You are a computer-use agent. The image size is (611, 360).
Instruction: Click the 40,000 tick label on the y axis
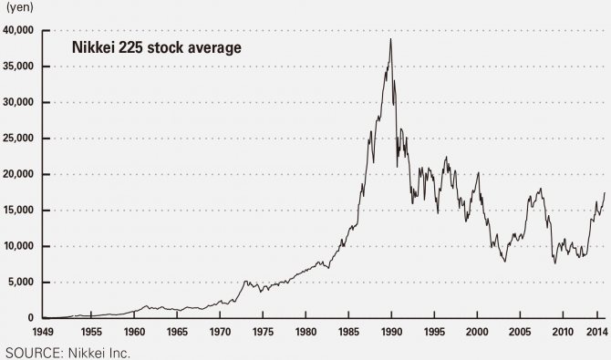coord(18,30)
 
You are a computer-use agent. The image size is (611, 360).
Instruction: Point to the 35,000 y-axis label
coord(18,67)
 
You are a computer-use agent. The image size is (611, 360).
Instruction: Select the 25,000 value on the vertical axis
coord(18,139)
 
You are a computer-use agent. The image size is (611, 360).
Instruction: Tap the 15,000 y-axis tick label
coord(18,211)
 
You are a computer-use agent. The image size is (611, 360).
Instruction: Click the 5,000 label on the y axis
coord(21,283)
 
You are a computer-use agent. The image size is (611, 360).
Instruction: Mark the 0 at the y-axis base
coord(31,318)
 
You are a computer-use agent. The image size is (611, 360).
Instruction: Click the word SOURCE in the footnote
coord(29,352)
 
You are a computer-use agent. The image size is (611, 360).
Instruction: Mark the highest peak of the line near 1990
coord(391,39)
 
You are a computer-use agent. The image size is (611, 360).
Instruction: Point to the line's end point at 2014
coord(605,193)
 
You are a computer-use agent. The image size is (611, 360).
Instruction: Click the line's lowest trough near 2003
coord(504,262)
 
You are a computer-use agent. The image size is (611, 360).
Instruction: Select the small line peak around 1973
coord(244,281)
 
